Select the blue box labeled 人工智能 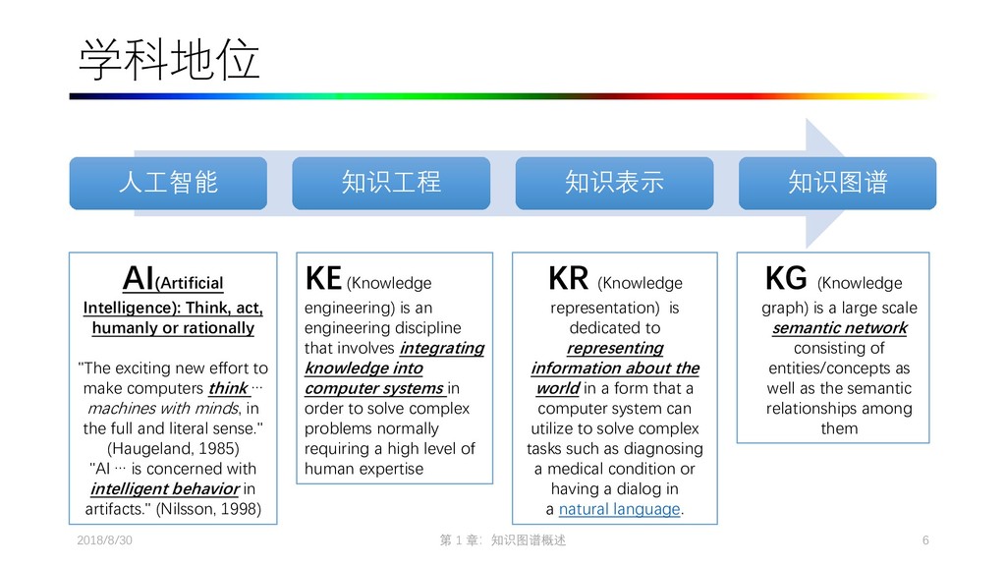[168, 182]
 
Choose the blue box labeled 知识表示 [614, 182]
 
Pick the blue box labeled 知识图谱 [837, 182]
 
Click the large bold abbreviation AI [137, 280]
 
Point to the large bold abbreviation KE [323, 279]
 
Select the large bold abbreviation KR [568, 279]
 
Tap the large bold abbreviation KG [786, 279]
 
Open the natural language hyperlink [619, 509]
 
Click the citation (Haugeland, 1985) [173, 448]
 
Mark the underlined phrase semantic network [839, 328]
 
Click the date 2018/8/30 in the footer [103, 541]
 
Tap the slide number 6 [924, 541]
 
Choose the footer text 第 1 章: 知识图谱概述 [502, 541]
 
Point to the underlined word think [227, 388]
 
